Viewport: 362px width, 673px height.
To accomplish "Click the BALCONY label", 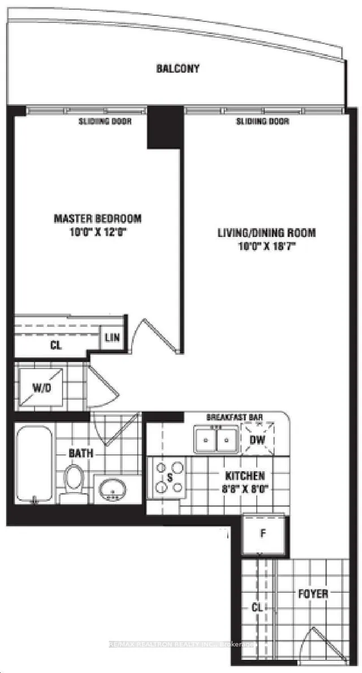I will pos(178,69).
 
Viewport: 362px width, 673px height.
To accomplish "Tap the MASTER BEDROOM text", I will pos(98,218).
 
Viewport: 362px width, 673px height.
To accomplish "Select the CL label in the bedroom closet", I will pos(55,345).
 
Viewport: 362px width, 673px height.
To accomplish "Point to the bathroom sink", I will pos(114,489).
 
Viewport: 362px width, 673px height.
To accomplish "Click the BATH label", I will pos(81,453).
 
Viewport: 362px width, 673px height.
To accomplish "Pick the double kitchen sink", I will pos(216,439).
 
